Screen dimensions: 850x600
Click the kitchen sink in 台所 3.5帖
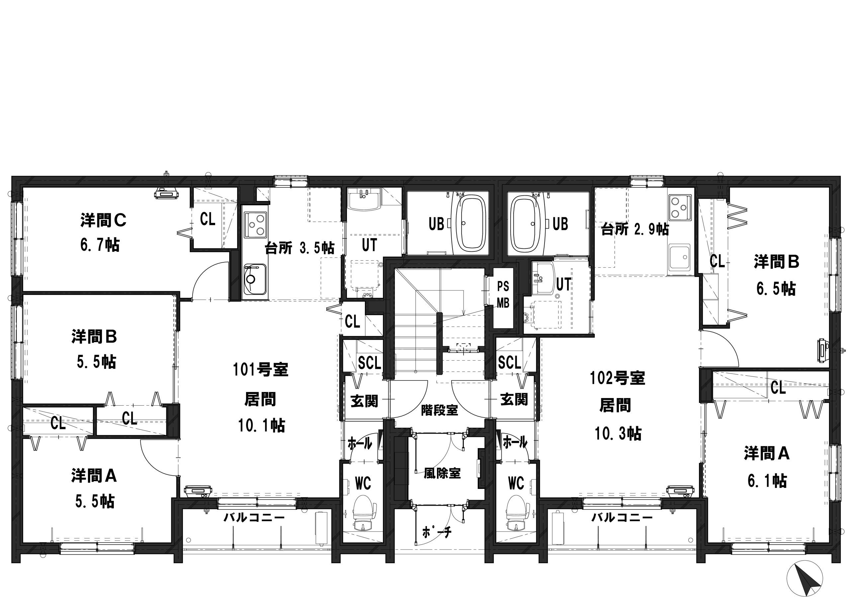click(x=255, y=279)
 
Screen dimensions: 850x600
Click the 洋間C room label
click(x=104, y=221)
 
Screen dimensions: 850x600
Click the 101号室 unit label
click(x=261, y=369)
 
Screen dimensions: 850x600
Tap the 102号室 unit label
click(x=618, y=378)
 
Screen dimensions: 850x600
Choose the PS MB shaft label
click(x=503, y=295)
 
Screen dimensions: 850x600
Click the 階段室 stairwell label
click(x=439, y=410)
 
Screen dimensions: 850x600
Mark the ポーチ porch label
click(x=437, y=532)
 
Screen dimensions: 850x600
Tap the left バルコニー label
click(x=254, y=517)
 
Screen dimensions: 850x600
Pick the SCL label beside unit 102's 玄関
click(x=509, y=363)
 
